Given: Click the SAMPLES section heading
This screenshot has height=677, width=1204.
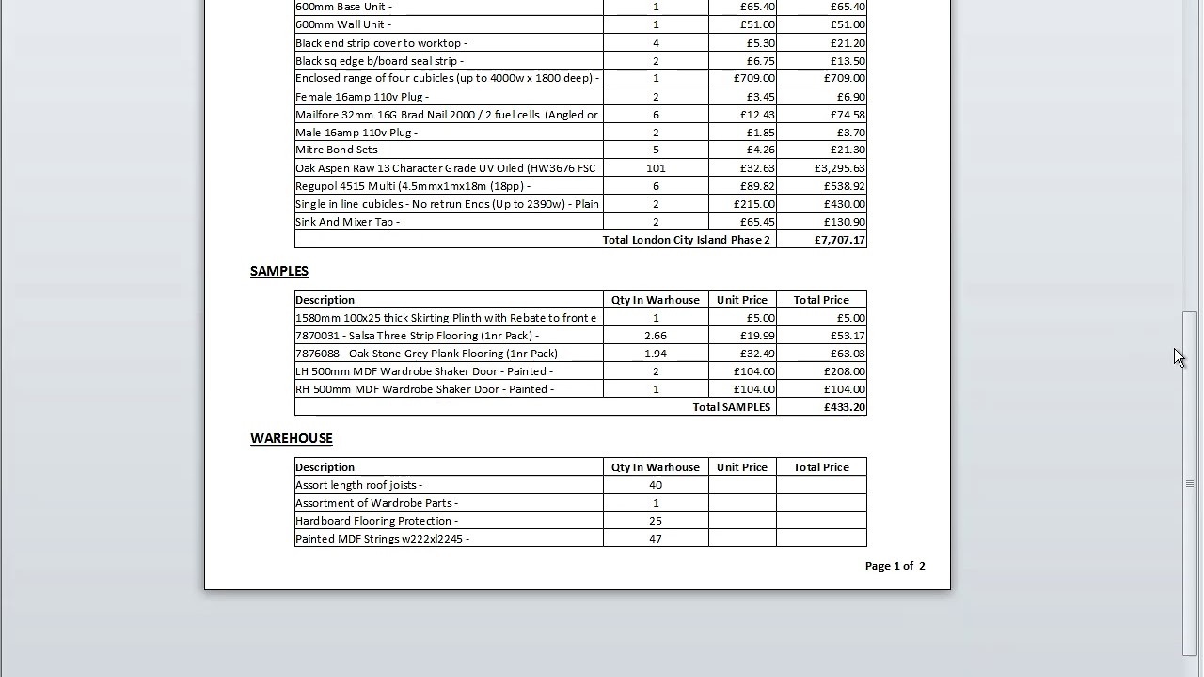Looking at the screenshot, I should pyautogui.click(x=279, y=271).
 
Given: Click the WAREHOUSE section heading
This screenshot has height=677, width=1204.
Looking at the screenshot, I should pyautogui.click(x=292, y=438).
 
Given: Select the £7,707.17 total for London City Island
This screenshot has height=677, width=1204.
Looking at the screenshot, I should pyautogui.click(x=840, y=240).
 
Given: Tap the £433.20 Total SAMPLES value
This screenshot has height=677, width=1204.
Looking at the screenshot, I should pyautogui.click(x=844, y=407).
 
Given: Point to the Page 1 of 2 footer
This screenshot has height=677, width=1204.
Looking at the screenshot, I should pyautogui.click(x=895, y=566).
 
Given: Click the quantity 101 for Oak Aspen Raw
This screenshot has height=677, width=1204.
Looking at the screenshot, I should pyautogui.click(x=656, y=168).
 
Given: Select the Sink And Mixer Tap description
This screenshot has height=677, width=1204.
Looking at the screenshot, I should pyautogui.click(x=348, y=222).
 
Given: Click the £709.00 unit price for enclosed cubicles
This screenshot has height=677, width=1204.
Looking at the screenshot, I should pyautogui.click(x=754, y=78).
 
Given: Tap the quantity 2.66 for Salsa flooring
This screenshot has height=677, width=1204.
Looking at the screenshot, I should pyautogui.click(x=656, y=336).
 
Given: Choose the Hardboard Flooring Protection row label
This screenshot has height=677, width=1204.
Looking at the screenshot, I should pyautogui.click(x=376, y=521).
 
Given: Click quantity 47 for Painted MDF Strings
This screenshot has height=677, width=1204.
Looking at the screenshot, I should pyautogui.click(x=656, y=539).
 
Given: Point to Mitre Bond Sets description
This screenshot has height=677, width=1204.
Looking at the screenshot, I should pyautogui.click(x=340, y=150).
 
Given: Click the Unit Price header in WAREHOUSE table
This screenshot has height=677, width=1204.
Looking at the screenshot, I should pyautogui.click(x=742, y=467).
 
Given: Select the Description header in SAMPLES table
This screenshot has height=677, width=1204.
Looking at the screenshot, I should pyautogui.click(x=325, y=300).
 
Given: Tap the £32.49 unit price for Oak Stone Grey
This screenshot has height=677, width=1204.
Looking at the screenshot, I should pyautogui.click(x=757, y=354).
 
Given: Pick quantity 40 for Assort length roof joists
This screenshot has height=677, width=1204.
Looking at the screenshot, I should pyautogui.click(x=656, y=485).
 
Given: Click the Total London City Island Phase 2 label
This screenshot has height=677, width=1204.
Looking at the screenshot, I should pyautogui.click(x=686, y=240).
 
